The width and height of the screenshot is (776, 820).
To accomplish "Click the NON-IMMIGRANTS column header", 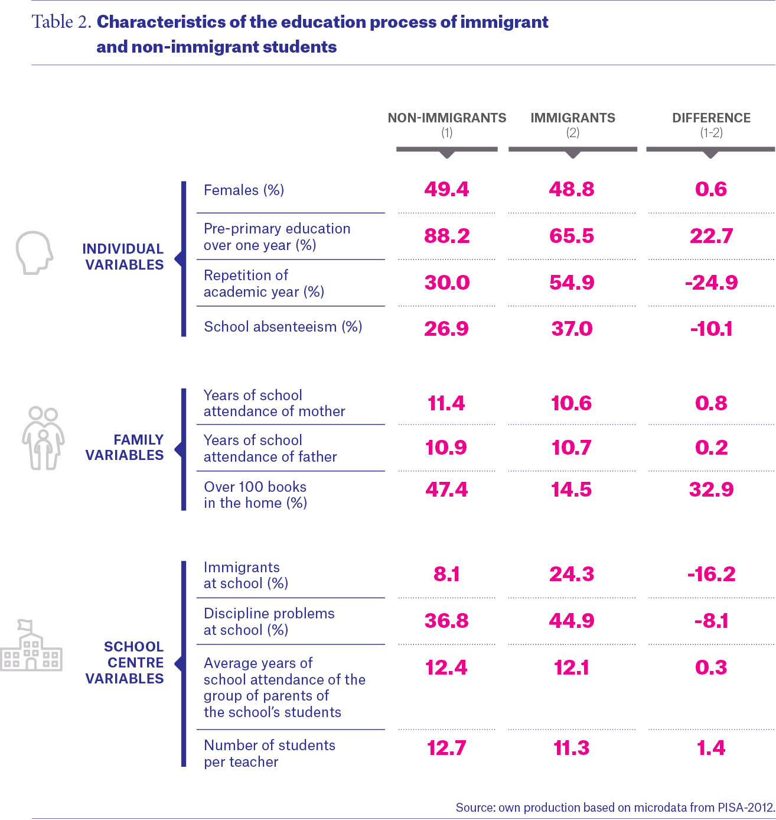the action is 447,124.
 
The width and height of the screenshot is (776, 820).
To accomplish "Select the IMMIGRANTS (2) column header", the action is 573,124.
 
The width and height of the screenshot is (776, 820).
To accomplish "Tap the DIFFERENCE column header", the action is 711,124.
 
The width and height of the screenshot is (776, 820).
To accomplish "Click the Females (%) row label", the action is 244,190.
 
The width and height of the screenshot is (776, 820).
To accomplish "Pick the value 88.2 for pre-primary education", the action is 447,236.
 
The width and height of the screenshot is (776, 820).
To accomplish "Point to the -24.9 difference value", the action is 711,283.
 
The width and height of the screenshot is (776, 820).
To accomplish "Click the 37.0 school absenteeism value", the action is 572,329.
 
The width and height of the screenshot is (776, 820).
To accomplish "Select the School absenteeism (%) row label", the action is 283,326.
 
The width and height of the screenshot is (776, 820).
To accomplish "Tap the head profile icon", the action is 34,252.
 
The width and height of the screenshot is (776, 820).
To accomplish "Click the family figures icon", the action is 43,438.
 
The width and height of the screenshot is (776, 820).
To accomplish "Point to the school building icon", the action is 31,645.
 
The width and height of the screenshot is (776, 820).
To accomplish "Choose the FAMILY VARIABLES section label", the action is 124,447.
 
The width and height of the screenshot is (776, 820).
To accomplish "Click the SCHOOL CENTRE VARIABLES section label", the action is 124,662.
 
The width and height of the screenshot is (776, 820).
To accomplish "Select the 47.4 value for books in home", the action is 446,490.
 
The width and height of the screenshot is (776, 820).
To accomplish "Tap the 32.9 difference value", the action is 711,490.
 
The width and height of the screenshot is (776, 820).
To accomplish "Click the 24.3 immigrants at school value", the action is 572,574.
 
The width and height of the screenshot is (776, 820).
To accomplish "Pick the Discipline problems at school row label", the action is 269,621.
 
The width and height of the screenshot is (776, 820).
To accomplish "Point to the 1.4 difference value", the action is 711,748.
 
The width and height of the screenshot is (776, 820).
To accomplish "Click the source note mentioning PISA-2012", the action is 615,808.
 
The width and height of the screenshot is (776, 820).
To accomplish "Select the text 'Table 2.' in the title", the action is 61,22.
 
